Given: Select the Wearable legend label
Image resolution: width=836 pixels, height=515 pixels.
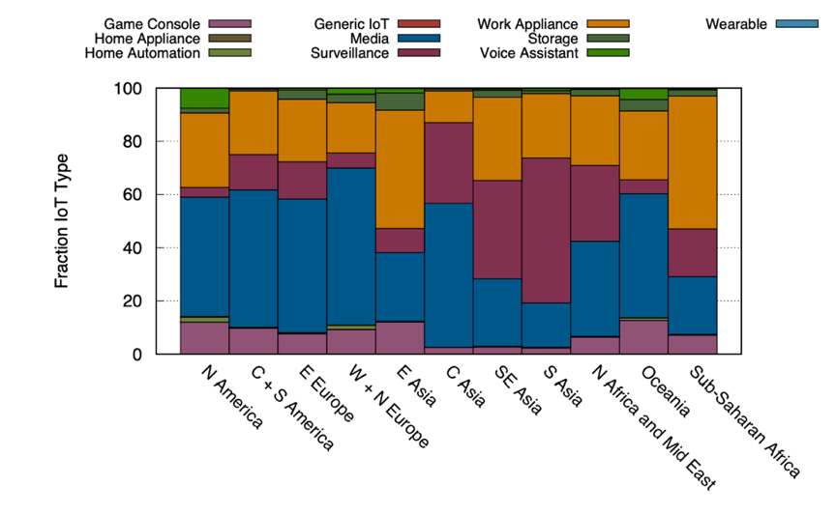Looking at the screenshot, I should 737,22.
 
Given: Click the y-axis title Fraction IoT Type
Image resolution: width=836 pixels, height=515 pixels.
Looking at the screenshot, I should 62,220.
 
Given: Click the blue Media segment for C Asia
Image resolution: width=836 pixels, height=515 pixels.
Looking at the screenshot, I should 449,275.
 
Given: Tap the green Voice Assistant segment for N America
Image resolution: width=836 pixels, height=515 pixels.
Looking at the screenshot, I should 204,98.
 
